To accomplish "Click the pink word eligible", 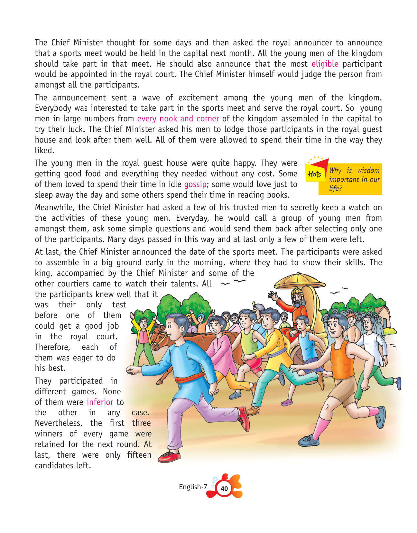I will [x=325, y=64].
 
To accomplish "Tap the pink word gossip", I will [x=195, y=184].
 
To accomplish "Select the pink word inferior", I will [x=100, y=402].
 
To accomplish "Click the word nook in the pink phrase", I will [x=168, y=119].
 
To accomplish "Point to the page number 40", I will [x=224, y=489].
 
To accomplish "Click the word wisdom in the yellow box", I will [x=368, y=171].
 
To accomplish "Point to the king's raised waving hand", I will [x=274, y=295].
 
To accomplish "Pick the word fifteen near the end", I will [x=139, y=455].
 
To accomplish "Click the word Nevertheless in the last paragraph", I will [x=58, y=423].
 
